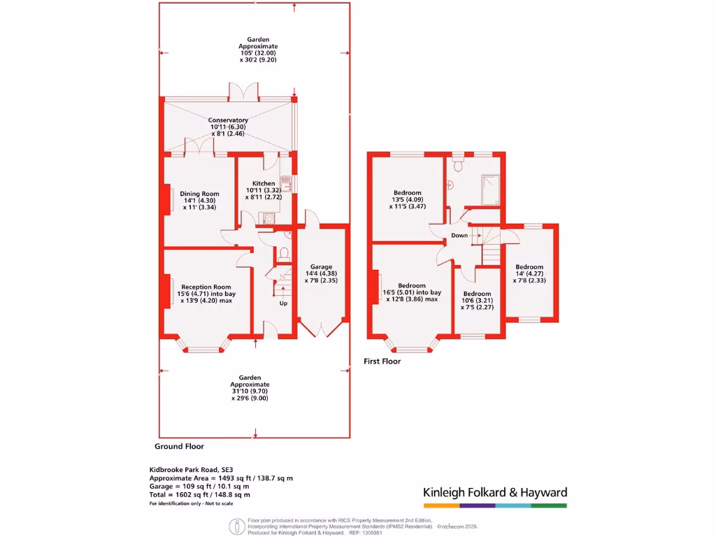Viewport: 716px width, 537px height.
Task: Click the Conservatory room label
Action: coord(228,120)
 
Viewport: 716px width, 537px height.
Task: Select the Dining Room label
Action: coord(199,194)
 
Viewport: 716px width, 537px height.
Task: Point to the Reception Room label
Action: coord(206,287)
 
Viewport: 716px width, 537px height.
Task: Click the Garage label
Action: coord(321,267)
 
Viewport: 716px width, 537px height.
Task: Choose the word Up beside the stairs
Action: coord(283,303)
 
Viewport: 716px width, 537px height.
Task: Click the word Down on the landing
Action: coord(459,236)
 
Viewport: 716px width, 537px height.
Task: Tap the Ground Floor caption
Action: coord(179,446)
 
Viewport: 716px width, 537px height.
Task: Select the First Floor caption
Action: coord(382,361)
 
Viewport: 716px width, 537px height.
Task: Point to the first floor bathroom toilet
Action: coord(458,165)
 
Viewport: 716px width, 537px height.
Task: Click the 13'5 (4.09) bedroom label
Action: coord(408,193)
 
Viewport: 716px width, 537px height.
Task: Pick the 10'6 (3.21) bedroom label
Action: coord(477,294)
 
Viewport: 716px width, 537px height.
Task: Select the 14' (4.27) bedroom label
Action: coord(529,267)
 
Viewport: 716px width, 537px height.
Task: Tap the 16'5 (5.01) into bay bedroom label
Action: coord(412,285)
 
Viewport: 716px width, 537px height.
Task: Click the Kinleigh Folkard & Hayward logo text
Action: coord(495,492)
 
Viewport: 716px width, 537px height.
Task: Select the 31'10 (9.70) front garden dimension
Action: coord(250,392)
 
